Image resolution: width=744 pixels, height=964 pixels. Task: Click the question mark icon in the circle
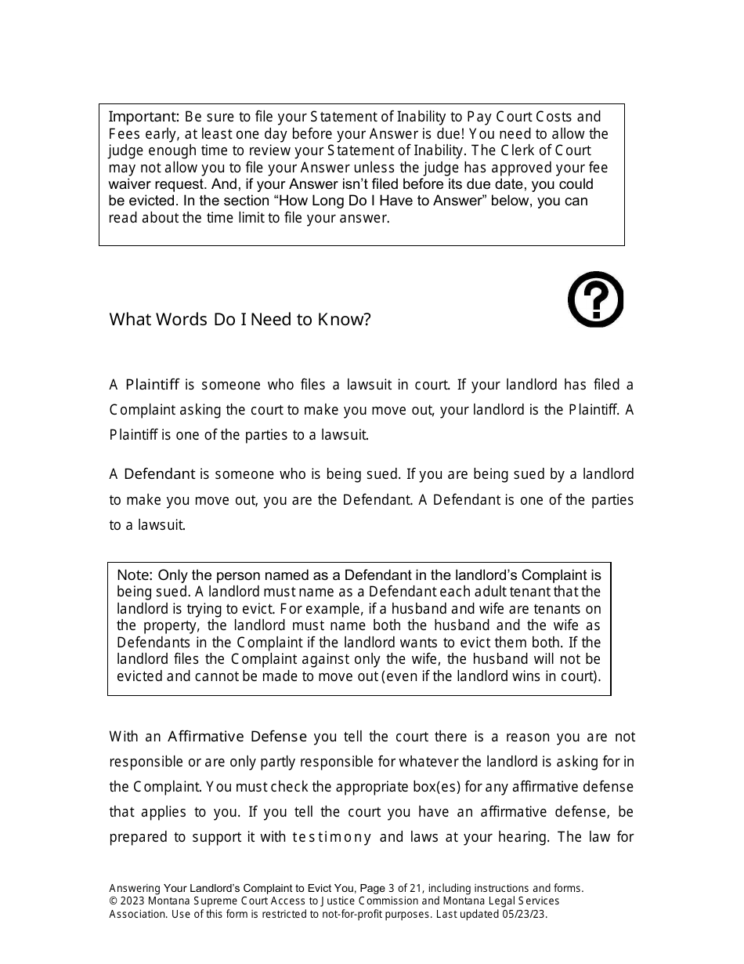pyautogui.click(x=595, y=299)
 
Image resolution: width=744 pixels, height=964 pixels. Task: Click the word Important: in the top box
pyautogui.click(x=144, y=117)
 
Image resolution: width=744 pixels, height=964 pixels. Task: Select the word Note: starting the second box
pyautogui.click(x=135, y=574)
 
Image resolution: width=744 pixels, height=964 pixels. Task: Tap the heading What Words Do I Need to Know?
pyautogui.click(x=240, y=320)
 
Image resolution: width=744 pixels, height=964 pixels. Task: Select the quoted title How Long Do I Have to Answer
pyautogui.click(x=378, y=201)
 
